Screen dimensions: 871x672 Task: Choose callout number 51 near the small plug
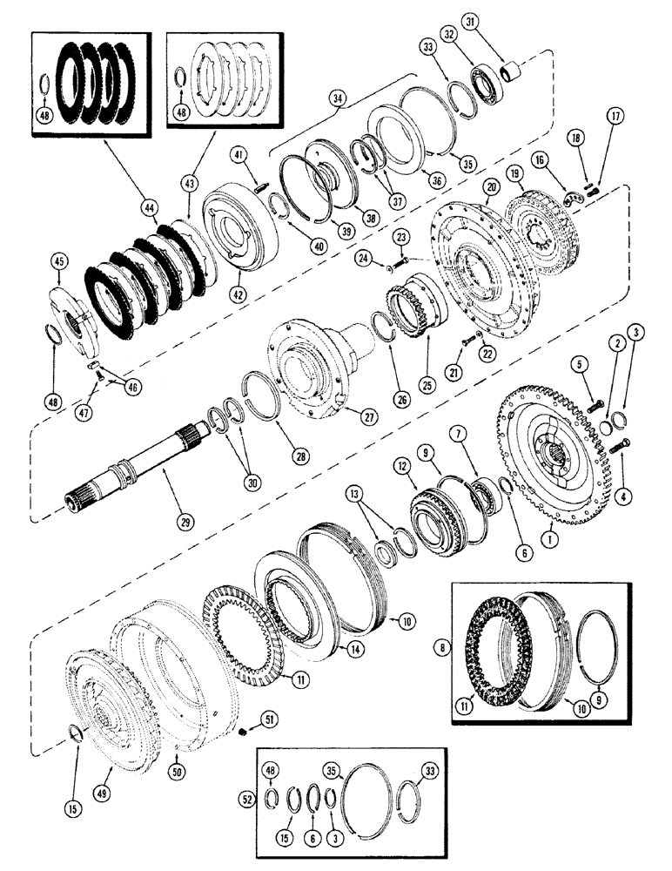(270, 719)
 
